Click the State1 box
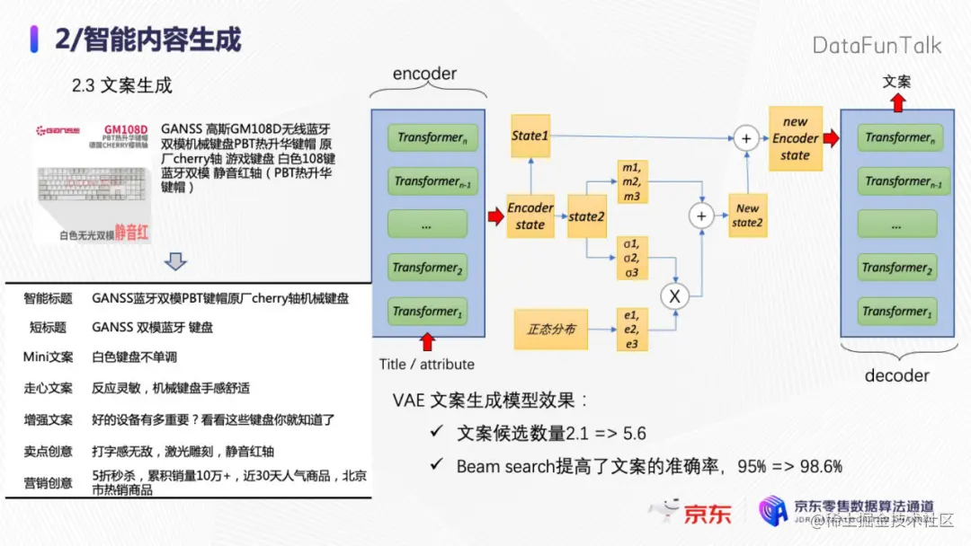[x=530, y=136]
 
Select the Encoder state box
[x=530, y=216]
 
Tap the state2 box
[x=587, y=216]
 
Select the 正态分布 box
[x=550, y=330]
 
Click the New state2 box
[x=747, y=216]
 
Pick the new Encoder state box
[x=795, y=138]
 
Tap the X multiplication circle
[x=673, y=295]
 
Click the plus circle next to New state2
[x=700, y=216]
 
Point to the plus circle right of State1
[x=745, y=137]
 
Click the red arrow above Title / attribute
[x=427, y=340]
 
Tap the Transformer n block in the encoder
[x=427, y=137]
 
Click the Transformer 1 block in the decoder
[x=896, y=312]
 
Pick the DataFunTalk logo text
[x=877, y=45]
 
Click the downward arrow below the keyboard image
[x=177, y=261]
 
